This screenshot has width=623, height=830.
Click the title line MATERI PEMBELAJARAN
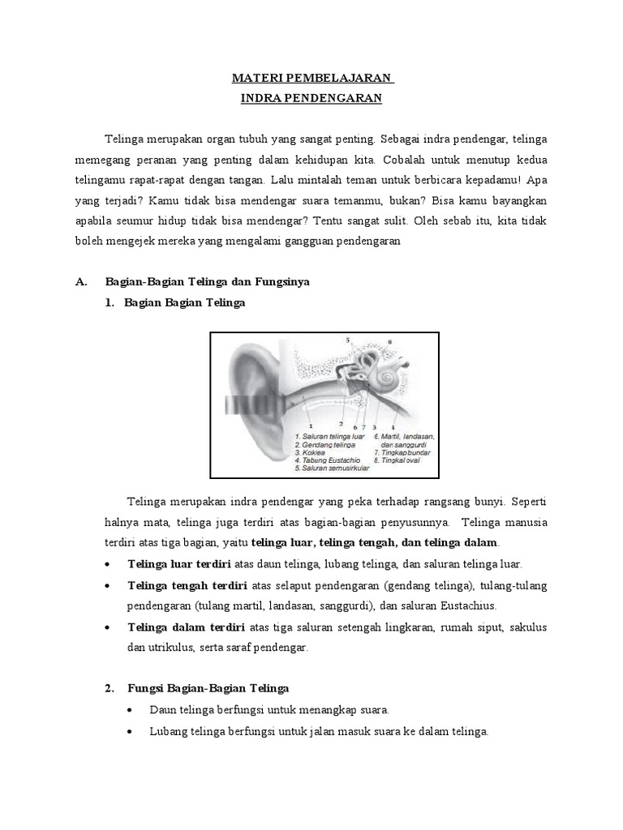[x=312, y=79]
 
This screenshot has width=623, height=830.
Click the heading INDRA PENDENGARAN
[x=312, y=99]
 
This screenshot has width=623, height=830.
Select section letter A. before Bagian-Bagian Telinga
[x=80, y=281]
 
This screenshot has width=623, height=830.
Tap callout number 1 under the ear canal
[x=310, y=424]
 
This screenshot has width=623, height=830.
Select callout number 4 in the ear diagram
[x=393, y=425]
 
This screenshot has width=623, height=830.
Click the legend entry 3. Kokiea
[x=312, y=453]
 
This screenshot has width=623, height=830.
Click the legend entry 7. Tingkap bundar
[x=402, y=453]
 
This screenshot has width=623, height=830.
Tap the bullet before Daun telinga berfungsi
[x=131, y=710]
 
